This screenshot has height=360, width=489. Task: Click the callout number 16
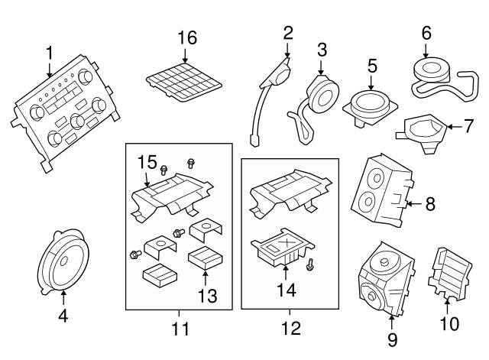pyautogui.click(x=187, y=37)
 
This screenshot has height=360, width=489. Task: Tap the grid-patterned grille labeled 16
pyautogui.click(x=184, y=82)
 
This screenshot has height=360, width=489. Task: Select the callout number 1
pyautogui.click(x=50, y=53)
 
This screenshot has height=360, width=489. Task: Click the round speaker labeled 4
pyautogui.click(x=64, y=262)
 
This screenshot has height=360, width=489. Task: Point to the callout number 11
pyautogui.click(x=180, y=329)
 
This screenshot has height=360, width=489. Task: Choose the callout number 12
pyautogui.click(x=291, y=328)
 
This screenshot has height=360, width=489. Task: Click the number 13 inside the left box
pyautogui.click(x=208, y=296)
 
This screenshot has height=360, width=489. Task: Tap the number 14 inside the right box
pyautogui.click(x=287, y=290)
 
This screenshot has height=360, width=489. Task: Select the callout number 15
pyautogui.click(x=147, y=162)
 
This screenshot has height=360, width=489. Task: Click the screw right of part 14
pyautogui.click(x=309, y=264)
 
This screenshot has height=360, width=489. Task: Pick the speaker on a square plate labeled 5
pyautogui.click(x=370, y=108)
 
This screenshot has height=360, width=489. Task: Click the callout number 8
pyautogui.click(x=430, y=204)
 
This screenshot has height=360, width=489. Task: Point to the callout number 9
pyautogui.click(x=392, y=339)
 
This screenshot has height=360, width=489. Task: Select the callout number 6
pyautogui.click(x=426, y=33)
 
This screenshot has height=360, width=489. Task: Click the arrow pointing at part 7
pyautogui.click(x=454, y=127)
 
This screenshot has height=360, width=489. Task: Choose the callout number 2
pyautogui.click(x=288, y=33)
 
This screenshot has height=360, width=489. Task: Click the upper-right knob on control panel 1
pyautogui.click(x=85, y=76)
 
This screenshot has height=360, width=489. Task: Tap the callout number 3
pyautogui.click(x=322, y=50)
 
